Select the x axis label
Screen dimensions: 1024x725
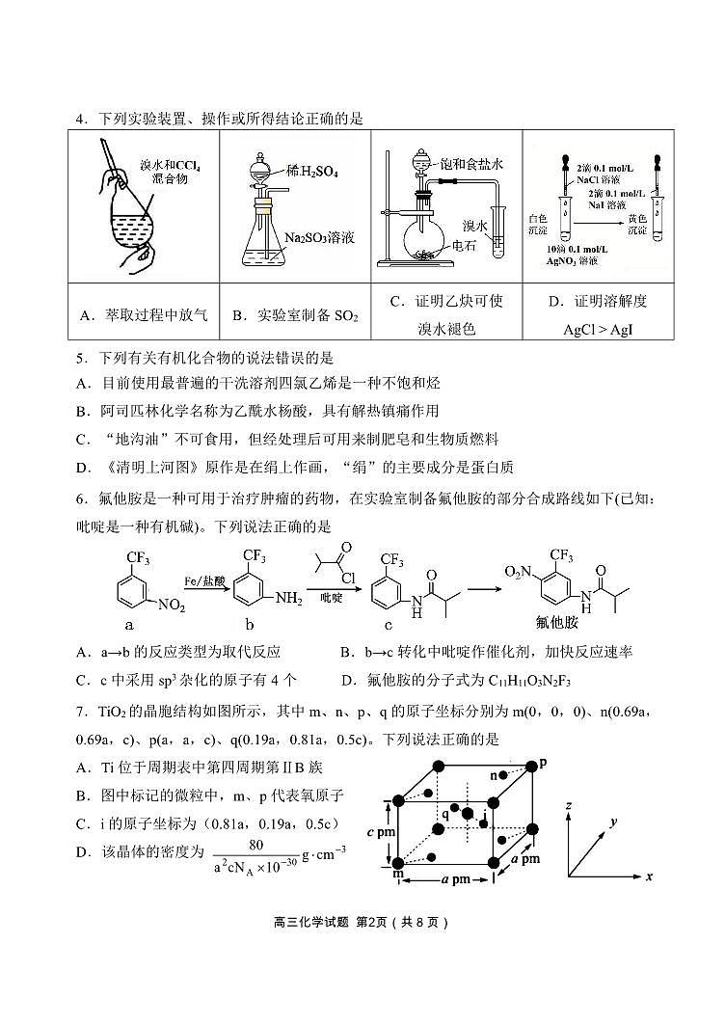(649, 876)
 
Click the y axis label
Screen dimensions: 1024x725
(612, 821)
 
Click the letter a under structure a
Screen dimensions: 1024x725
(128, 625)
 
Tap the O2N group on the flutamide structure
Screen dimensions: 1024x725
(520, 572)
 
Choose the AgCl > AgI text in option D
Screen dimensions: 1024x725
(604, 329)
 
